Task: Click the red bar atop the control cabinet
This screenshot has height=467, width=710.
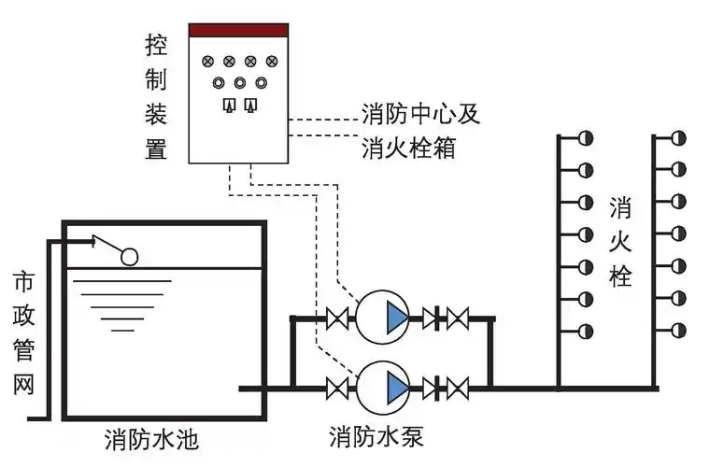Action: pos(238,30)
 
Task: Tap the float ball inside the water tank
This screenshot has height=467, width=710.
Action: pos(129,254)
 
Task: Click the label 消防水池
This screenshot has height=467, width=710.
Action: pos(151,438)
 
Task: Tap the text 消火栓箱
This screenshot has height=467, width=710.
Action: pos(408,148)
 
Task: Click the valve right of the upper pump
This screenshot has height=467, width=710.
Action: pos(457,318)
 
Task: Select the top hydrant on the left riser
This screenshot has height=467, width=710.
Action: pos(586,138)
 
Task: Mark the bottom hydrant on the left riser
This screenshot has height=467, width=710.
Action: pos(586,331)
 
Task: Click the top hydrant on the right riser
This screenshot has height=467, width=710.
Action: pos(679,138)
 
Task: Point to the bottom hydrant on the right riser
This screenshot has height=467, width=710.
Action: pos(679,331)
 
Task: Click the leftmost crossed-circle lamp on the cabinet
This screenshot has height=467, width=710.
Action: pos(207,62)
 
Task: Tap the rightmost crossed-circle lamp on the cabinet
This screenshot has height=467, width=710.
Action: pos(272,62)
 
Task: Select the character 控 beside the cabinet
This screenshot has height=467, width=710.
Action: pos(156,44)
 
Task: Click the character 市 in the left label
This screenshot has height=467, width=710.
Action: pos(25,281)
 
